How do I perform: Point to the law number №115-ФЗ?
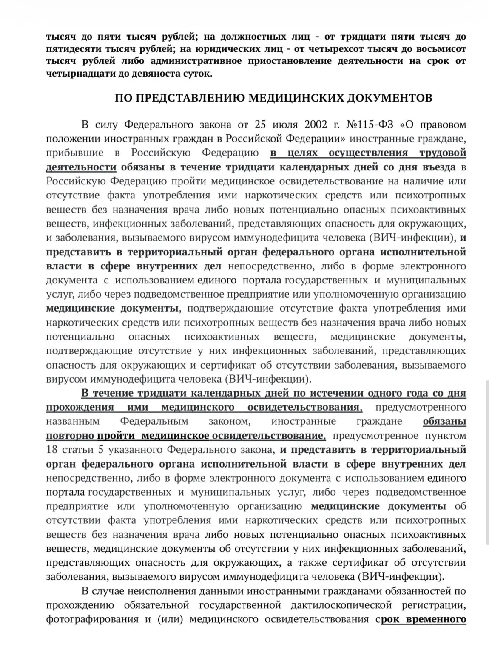(x=371, y=125)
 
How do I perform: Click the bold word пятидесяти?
(x=77, y=48)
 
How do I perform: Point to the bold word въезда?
(x=438, y=167)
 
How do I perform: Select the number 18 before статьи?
(x=51, y=449)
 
